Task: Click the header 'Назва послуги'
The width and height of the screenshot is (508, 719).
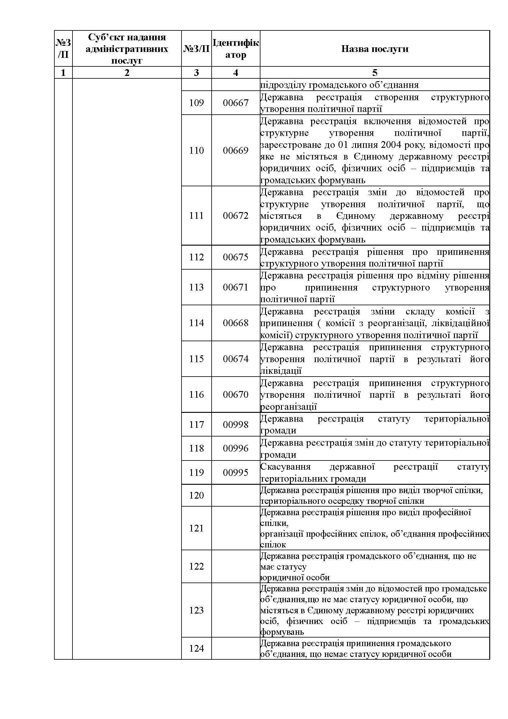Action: coord(374,49)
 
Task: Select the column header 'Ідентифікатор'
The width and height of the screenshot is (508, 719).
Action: coord(236,49)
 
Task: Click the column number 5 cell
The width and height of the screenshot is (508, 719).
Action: coord(374,73)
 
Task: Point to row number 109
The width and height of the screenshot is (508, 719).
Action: coord(197,103)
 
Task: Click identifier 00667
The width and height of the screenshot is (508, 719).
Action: coord(236,103)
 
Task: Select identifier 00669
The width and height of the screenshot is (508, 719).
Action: coord(236,151)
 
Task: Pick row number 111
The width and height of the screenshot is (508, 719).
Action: coord(197,216)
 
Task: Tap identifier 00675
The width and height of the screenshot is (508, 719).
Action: coord(236,257)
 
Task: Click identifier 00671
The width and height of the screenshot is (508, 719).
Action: coord(236,287)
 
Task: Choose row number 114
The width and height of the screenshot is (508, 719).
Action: coord(197,323)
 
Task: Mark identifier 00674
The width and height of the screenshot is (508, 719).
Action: coord(236,359)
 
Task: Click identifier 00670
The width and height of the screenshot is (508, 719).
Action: coord(236,395)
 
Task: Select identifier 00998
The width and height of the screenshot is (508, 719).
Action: coord(236,425)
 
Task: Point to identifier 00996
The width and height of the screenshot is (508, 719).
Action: coord(236,448)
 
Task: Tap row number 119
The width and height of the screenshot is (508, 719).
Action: coord(197,472)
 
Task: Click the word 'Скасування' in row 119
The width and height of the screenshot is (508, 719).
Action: coord(285,467)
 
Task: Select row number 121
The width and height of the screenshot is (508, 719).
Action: coord(197,528)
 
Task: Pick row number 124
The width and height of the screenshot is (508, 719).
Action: coord(197,648)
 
